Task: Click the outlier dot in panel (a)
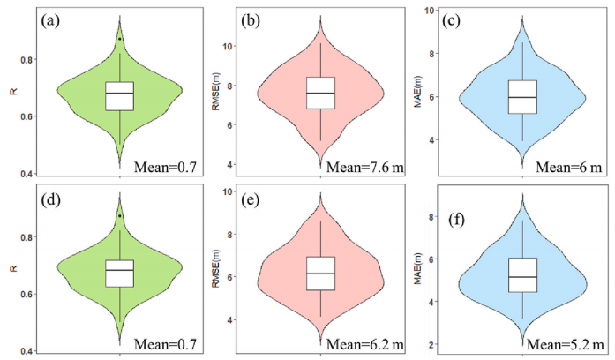(120, 39)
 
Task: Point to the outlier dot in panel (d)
(120, 215)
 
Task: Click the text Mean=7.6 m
(364, 168)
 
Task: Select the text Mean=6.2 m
(364, 345)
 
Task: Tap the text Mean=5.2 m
(566, 345)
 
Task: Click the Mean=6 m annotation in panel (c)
(569, 168)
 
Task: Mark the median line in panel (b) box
(321, 93)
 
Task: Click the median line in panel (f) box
(522, 277)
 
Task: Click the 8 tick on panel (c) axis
(432, 53)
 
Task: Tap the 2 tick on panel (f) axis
(432, 344)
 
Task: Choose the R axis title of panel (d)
(14, 268)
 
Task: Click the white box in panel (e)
(321, 274)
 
